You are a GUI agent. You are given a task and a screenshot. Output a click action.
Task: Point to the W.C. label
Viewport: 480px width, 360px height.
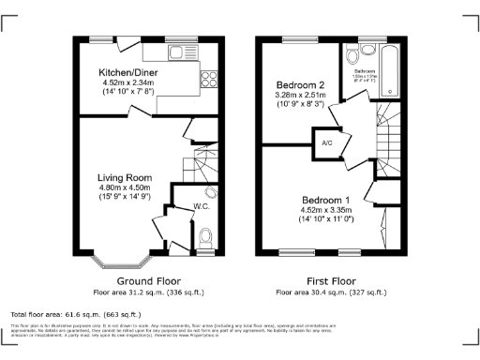click(201, 206)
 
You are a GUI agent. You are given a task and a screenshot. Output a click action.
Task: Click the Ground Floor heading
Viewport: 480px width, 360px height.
click(149, 281)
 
